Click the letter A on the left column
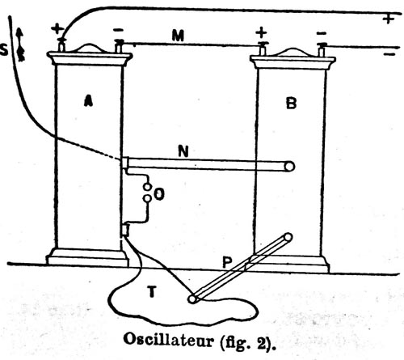tap(89, 100)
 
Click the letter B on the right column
tap(292, 103)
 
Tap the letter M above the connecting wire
tap(178, 36)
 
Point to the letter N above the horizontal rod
tap(183, 151)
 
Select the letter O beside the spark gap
tap(159, 194)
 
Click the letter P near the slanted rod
tap(228, 262)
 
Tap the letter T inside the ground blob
tap(152, 291)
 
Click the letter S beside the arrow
tap(4, 49)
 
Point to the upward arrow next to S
tap(20, 44)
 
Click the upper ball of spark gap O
tap(147, 187)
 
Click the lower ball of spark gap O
tap(147, 198)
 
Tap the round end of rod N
tap(289, 167)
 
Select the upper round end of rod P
tap(288, 237)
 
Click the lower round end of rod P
tap(192, 299)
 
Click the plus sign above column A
tap(57, 28)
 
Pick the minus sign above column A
tap(119, 30)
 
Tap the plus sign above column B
tap(261, 33)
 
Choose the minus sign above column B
tap(322, 34)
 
